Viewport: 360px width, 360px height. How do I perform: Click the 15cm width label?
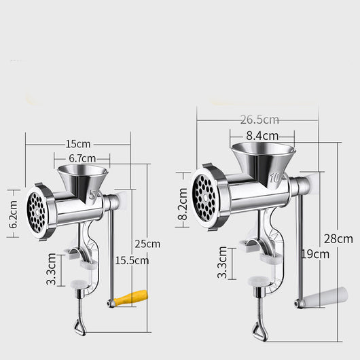78,144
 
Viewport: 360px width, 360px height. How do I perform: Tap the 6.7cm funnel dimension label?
82,158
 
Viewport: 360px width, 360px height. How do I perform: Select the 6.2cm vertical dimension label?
14,214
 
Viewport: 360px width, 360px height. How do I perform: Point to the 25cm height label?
147,244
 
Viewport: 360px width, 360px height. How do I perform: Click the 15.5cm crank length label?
132,261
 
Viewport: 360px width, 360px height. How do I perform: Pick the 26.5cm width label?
259,120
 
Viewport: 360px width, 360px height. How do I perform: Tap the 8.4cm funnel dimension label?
262,136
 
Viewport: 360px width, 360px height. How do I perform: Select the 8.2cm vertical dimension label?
183,204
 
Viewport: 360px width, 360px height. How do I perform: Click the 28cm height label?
338,239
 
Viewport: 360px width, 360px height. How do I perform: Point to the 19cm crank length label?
315,254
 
